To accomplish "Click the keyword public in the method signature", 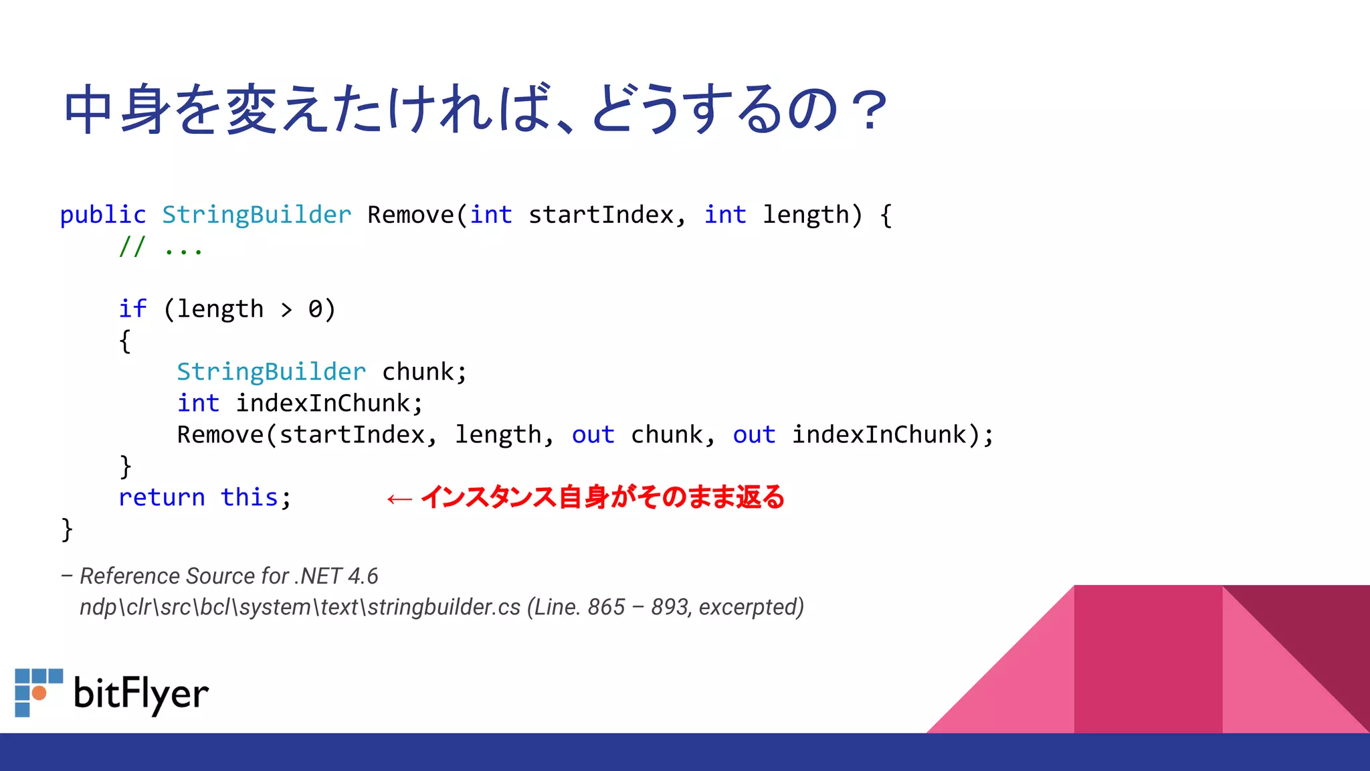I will click(x=102, y=216).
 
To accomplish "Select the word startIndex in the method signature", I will click(x=600, y=216).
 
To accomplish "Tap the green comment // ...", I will click(x=132, y=247).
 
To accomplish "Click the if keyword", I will click(x=132, y=309).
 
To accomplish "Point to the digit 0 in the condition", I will click(x=315, y=309).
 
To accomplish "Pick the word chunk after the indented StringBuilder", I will click(x=417, y=372).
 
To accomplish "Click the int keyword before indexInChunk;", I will click(x=198, y=404).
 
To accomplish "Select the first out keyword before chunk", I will click(x=593, y=435).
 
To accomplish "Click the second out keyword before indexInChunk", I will click(x=754, y=435).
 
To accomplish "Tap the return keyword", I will click(x=161, y=498).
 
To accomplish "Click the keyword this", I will click(x=249, y=498).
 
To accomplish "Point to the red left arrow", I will click(x=399, y=499).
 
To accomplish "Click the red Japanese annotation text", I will click(x=602, y=497).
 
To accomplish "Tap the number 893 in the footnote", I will click(x=671, y=607).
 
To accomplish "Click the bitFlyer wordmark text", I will click(x=141, y=694).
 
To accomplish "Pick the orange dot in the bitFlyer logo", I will click(x=39, y=693).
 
